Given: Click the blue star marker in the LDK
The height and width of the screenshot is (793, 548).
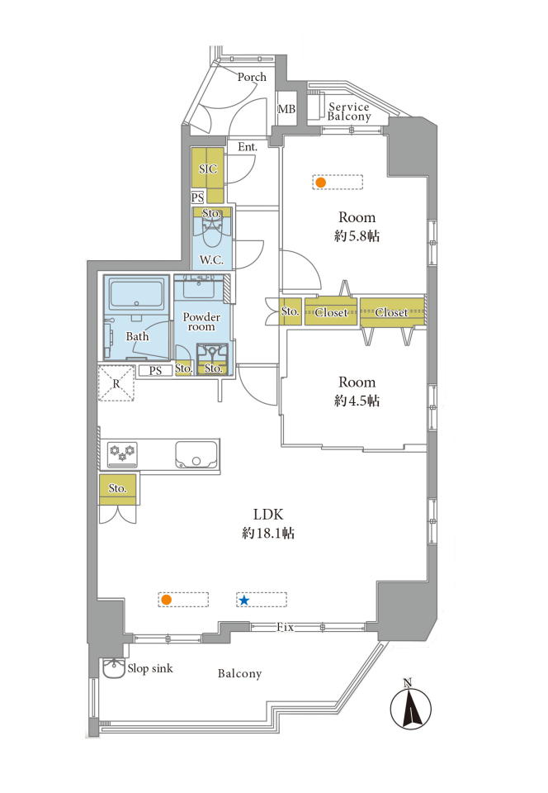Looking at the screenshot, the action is pos(244,601).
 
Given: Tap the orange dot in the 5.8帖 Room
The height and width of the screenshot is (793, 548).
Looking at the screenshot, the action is pos(320,182).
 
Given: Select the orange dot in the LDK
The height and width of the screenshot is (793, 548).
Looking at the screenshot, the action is pos(166,601).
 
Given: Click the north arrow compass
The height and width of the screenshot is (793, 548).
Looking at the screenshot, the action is pos(411,706).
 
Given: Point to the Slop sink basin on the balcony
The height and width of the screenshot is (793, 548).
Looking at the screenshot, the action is pos(114,668).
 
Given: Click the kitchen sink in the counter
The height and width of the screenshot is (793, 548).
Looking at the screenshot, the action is pos(196,454).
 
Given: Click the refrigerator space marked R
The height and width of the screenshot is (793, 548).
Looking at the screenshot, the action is pos(116,383).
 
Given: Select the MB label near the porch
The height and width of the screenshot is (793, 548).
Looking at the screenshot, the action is pos(286,109).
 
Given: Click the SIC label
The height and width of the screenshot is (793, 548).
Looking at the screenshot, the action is pos(208,169).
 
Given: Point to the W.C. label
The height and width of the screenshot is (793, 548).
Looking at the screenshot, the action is pos(211,260).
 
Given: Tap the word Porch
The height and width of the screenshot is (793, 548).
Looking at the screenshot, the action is pos(252,77).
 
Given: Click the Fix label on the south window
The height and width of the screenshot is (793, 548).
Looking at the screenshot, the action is pos(286,627).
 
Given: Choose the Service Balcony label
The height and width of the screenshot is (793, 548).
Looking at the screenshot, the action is pos(349,112).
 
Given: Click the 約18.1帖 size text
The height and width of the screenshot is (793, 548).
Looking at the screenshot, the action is pos(268,533).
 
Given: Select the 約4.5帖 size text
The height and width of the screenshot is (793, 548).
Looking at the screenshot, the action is pos(357,401).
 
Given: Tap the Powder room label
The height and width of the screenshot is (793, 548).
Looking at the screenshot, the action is pos(201,321).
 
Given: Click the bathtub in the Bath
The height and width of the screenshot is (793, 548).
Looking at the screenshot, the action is pos(136,293).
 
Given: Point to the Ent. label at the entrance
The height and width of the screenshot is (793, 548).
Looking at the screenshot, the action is pos(248,147).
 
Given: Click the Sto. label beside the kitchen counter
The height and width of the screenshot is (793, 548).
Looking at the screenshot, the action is pos(117,488).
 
